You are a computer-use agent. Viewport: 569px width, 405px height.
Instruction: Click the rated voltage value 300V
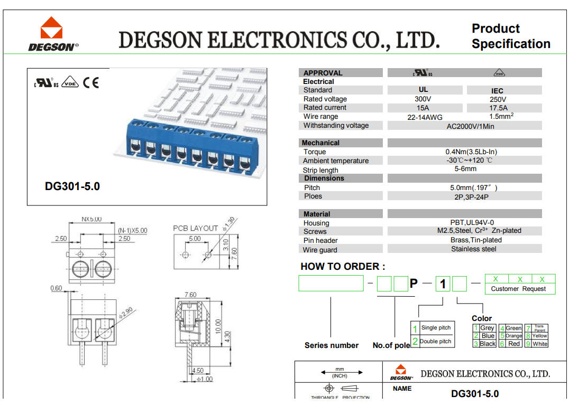click(423, 99)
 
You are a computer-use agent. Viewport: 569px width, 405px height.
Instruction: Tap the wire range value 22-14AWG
click(425, 117)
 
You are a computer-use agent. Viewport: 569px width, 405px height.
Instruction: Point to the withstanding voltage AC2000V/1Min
click(464, 126)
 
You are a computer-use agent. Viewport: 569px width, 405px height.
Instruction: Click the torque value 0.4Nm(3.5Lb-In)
click(464, 152)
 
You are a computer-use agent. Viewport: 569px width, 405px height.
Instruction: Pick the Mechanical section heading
click(320, 143)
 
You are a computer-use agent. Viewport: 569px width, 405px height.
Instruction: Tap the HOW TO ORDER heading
click(343, 267)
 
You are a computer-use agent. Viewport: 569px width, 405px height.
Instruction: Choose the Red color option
click(514, 344)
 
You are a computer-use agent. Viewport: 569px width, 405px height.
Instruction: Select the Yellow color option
click(540, 336)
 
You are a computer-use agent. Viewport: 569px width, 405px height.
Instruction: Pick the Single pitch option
click(436, 328)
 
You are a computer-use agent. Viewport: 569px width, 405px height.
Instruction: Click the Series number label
click(332, 345)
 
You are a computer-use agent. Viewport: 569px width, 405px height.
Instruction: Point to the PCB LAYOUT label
click(196, 228)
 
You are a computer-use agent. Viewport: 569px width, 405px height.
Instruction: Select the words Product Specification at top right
click(511, 36)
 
